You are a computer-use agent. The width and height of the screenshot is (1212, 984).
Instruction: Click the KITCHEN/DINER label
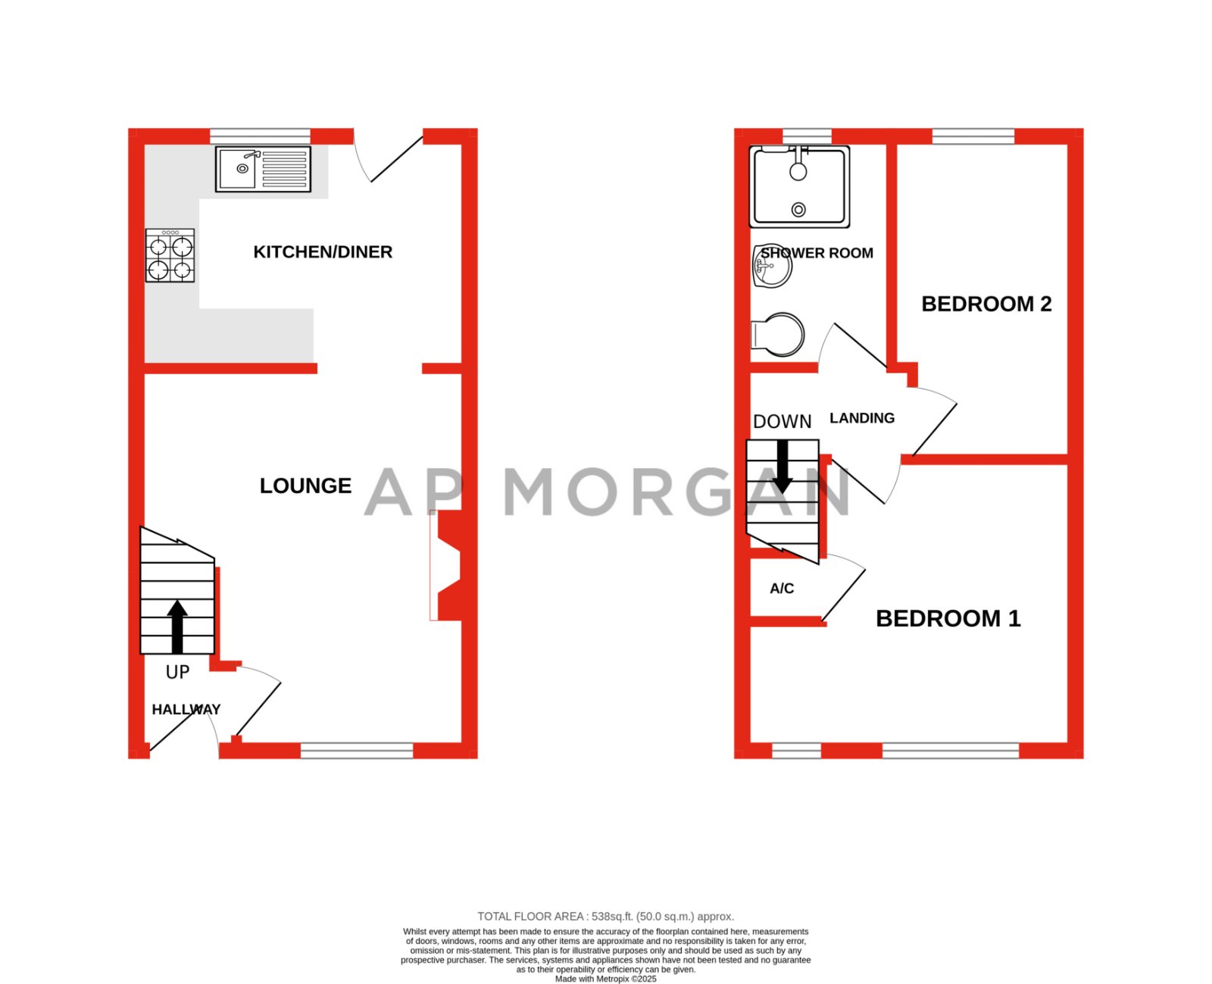(323, 252)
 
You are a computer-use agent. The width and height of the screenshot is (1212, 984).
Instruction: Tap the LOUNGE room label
(305, 486)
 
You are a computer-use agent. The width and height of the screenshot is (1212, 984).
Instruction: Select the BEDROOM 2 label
(986, 304)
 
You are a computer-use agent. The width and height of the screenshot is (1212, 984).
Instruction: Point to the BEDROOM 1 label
(948, 618)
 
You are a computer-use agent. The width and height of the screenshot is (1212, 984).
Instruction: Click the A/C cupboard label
(782, 589)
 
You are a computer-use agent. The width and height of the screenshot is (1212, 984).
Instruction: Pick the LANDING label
(862, 418)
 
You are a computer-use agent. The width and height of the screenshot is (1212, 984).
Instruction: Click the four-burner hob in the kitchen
(170, 256)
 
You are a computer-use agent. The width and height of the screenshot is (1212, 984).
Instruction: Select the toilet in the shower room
(779, 334)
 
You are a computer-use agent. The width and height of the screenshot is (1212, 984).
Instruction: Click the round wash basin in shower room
(772, 267)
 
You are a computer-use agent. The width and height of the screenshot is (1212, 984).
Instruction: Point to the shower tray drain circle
(798, 209)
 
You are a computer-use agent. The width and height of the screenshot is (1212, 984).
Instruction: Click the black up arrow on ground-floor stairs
(177, 626)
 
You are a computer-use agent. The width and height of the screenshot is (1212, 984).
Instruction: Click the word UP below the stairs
(177, 672)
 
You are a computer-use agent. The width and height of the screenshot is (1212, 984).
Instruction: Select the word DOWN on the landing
(782, 422)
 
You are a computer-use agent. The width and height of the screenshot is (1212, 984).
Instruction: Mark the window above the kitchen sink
(260, 136)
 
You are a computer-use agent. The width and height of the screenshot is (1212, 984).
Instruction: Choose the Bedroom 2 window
(973, 136)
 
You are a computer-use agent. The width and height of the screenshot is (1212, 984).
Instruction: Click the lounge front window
(357, 751)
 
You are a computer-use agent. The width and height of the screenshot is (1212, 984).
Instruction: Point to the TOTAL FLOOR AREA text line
(605, 917)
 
